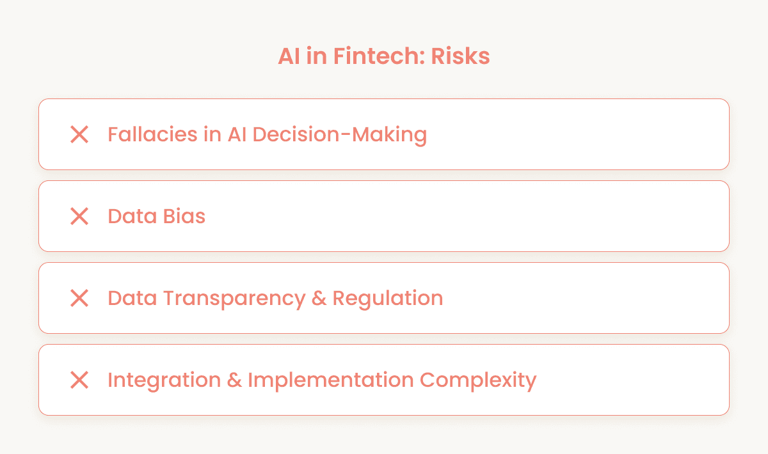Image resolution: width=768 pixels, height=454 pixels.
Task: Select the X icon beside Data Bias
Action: [x=79, y=216]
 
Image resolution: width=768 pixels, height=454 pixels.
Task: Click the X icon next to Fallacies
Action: [x=79, y=134]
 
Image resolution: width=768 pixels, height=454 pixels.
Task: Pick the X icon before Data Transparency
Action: [x=79, y=298]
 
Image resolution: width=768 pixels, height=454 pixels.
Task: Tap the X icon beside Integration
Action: [x=79, y=380]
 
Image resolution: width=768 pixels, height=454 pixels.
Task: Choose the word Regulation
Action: [x=388, y=299]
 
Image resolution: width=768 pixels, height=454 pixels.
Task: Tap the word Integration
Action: [x=162, y=380]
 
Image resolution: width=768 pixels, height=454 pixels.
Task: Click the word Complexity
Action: [x=478, y=380]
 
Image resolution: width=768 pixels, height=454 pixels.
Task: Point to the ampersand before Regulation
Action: [x=319, y=299]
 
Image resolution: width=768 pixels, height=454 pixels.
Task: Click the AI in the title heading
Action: [x=287, y=56]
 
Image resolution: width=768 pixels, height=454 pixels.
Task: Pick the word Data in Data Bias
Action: [x=131, y=216]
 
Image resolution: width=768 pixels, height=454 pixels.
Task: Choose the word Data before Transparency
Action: [x=131, y=298]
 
